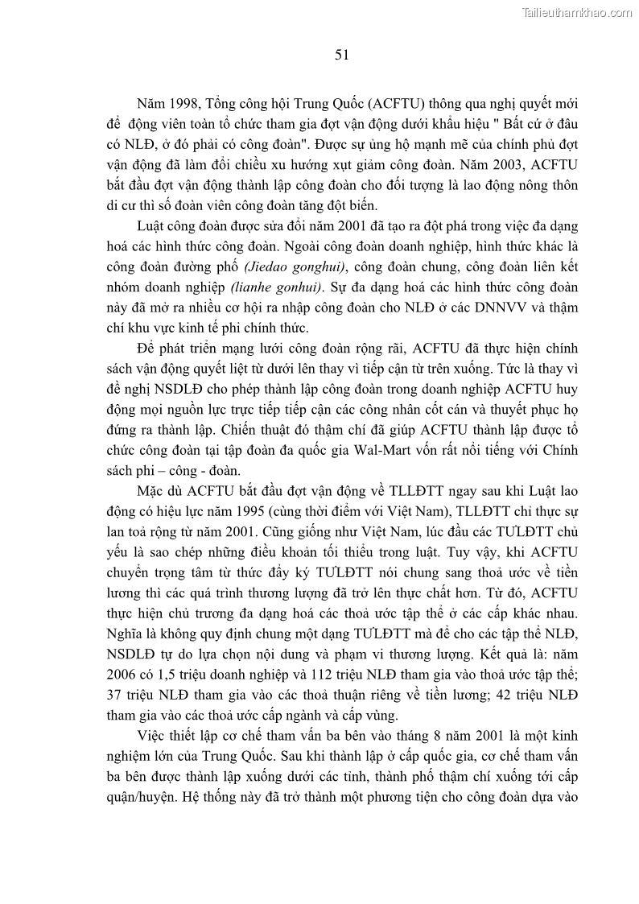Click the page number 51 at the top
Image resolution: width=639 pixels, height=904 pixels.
(340, 55)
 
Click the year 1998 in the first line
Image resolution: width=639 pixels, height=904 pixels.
(184, 104)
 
